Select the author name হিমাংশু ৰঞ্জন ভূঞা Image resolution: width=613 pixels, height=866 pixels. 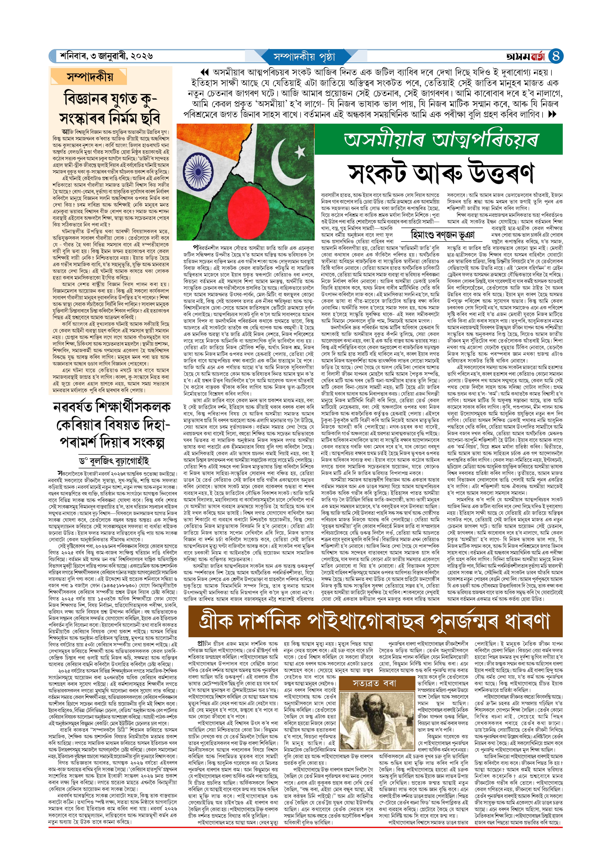(x=442, y=235)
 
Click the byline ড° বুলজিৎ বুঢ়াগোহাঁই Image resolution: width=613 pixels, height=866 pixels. (x=114, y=461)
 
